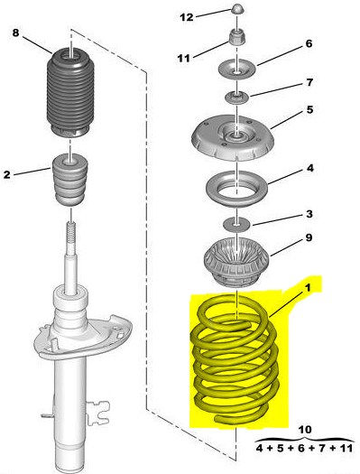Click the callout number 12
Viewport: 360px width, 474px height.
click(187, 17)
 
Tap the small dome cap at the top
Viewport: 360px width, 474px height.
click(237, 9)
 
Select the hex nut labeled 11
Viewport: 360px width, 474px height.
click(237, 37)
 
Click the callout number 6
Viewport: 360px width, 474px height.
click(309, 43)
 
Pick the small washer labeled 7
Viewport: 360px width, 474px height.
click(237, 98)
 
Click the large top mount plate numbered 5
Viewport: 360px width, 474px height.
click(233, 137)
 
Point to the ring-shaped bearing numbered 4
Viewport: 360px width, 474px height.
click(236, 190)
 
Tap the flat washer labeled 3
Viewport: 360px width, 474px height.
click(236, 224)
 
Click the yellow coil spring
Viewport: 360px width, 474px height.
click(235, 359)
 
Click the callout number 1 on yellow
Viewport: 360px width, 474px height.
click(308, 287)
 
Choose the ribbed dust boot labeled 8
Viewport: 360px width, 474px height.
click(70, 93)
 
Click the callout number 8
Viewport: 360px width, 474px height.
click(15, 33)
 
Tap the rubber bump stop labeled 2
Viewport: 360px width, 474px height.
click(70, 180)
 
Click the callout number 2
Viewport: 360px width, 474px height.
click(7, 174)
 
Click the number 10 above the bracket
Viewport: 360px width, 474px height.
click(304, 429)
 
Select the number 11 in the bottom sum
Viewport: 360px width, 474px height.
click(346, 448)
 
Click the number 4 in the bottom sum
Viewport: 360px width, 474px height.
click(259, 448)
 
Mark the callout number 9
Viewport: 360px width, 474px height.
click(309, 237)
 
